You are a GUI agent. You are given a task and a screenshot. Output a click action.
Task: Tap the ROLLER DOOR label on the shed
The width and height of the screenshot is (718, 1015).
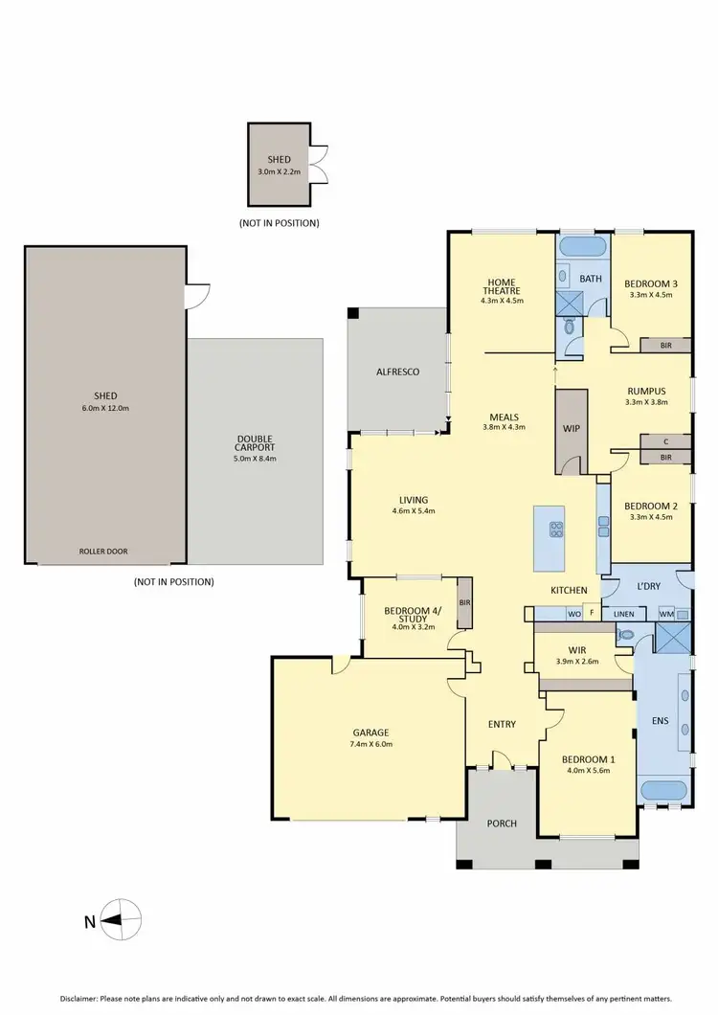pyautogui.click(x=104, y=552)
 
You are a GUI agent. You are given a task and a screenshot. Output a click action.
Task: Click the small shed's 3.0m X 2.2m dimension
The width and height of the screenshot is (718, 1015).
pyautogui.click(x=279, y=171)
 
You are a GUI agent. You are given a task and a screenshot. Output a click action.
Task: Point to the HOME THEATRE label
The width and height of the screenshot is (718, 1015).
pyautogui.click(x=500, y=284)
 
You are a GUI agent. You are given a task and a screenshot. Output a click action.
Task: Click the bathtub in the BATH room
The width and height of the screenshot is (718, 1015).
pyautogui.click(x=582, y=247)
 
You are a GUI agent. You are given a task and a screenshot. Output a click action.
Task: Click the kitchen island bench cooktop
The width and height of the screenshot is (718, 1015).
pyautogui.click(x=554, y=528)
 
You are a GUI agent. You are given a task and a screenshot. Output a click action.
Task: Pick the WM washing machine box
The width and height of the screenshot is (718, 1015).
pyautogui.click(x=665, y=613)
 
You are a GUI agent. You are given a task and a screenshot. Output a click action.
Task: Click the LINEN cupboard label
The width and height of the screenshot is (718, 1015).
pyautogui.click(x=624, y=613)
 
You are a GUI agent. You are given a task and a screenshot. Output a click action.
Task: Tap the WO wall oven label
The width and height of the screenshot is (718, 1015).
pyautogui.click(x=574, y=613)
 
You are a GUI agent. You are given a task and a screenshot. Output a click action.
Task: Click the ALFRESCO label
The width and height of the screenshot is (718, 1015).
pyautogui.click(x=397, y=372)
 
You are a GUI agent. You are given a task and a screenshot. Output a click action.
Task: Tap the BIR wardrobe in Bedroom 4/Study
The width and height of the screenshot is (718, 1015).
pyautogui.click(x=464, y=603)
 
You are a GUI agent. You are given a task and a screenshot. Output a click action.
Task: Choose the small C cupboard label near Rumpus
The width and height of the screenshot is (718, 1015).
pyautogui.click(x=665, y=441)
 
